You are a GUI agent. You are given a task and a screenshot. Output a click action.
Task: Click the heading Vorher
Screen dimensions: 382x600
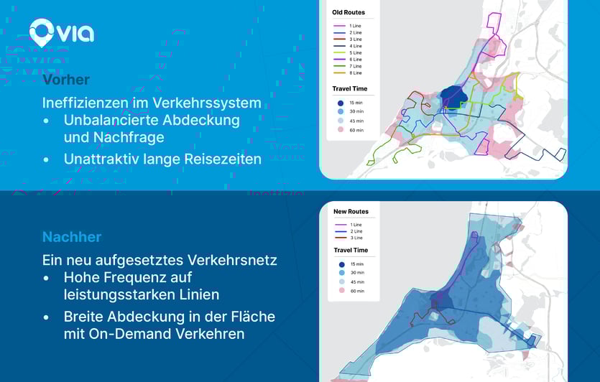65,80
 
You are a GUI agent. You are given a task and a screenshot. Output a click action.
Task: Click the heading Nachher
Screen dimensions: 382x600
72,237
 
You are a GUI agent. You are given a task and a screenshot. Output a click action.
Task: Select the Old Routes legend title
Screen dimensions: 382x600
349,12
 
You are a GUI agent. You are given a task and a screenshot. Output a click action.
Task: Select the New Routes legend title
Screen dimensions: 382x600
351,212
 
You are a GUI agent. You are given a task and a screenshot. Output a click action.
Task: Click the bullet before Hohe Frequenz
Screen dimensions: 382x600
47,277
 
